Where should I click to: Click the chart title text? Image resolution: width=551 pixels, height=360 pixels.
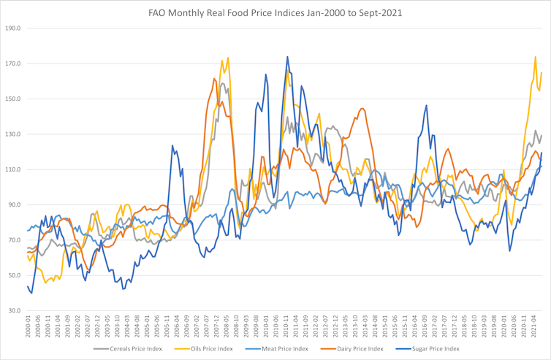pyautogui.click(x=275, y=12)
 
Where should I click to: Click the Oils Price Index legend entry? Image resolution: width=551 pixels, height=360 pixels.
pyautogui.click(x=210, y=349)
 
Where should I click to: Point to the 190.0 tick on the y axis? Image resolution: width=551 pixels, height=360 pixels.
pyautogui.click(x=12, y=28)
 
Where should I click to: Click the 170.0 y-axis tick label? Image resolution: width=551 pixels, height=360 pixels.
pyautogui.click(x=12, y=64)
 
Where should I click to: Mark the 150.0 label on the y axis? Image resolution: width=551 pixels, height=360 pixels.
pyautogui.click(x=12, y=99)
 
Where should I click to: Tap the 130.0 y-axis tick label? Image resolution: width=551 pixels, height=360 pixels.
pyautogui.click(x=12, y=134)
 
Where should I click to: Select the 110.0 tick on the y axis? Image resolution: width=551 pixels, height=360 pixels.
pyautogui.click(x=12, y=169)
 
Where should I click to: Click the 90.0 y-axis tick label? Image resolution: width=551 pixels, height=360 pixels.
pyautogui.click(x=14, y=205)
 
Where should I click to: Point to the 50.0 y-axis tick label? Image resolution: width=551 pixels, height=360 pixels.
pyautogui.click(x=14, y=275)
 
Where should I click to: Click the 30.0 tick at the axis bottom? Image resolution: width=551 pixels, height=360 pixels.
pyautogui.click(x=14, y=311)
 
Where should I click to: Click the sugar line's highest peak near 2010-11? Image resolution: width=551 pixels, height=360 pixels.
pyautogui.click(x=287, y=56)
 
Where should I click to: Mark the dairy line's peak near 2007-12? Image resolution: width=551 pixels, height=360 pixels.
pyautogui.click(x=215, y=78)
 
